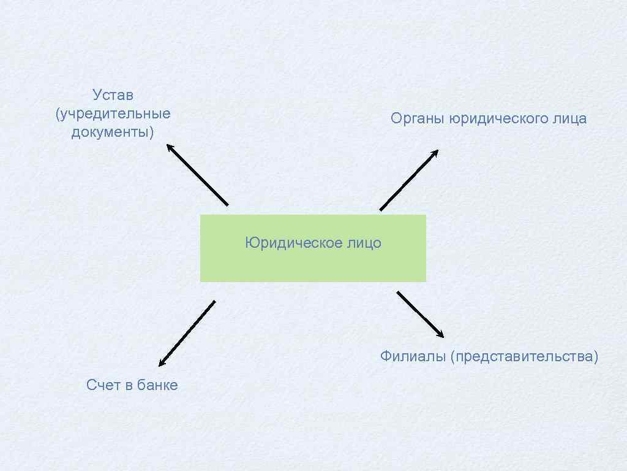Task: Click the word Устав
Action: point(113,95)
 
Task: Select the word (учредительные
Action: point(113,114)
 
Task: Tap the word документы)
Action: point(113,132)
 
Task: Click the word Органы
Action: point(418,119)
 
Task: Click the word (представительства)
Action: point(524,356)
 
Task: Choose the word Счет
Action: point(102,385)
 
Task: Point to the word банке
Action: point(157,385)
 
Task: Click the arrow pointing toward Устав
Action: point(197,174)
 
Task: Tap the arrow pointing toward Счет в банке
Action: point(187,334)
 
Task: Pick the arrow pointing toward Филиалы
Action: point(421,315)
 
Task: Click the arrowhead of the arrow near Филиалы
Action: point(440,334)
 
